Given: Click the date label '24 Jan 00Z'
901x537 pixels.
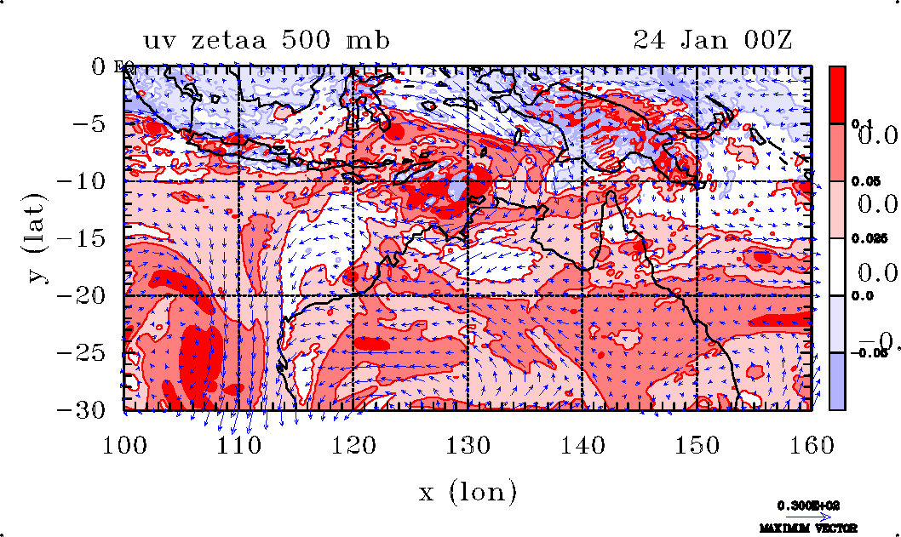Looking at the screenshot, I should pyautogui.click(x=713, y=41).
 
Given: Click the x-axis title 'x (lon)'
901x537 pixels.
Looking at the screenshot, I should pyautogui.click(x=468, y=491).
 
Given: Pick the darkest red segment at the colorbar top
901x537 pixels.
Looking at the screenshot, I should pyautogui.click(x=837, y=94).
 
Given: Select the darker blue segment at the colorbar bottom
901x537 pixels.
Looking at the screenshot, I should pyautogui.click(x=837, y=381).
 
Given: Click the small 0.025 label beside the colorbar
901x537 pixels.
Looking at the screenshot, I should pyautogui.click(x=863, y=239).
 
